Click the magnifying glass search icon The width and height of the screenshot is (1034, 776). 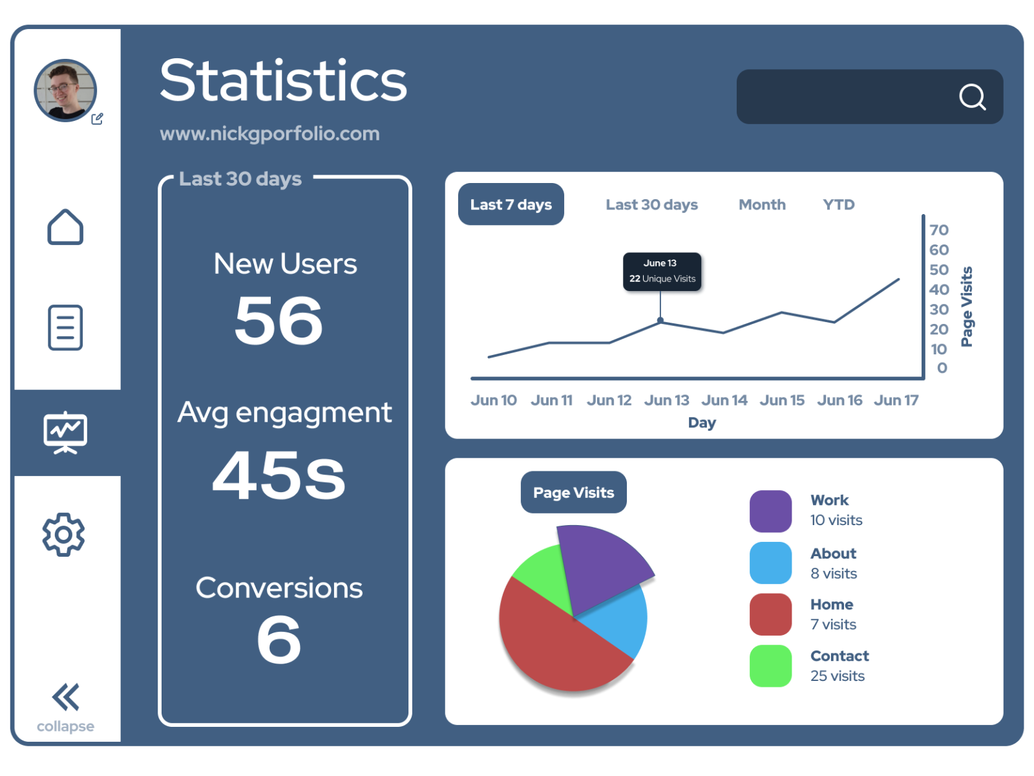tap(972, 97)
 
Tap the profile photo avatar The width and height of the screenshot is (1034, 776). tap(65, 91)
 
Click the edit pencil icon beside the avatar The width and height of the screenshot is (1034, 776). tap(98, 119)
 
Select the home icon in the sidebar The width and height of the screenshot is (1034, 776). tap(65, 227)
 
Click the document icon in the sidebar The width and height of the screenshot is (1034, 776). tap(65, 327)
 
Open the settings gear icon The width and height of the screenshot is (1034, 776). tap(63, 534)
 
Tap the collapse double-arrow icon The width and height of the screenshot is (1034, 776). tap(65, 696)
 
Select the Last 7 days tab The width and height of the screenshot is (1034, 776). tap(511, 204)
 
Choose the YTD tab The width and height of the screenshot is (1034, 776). tap(838, 204)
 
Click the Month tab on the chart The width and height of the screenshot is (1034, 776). tap(762, 204)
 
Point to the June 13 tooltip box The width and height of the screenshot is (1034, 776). tap(662, 272)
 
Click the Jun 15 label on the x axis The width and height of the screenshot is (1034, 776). tap(782, 400)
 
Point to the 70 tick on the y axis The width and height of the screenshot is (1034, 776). tap(938, 230)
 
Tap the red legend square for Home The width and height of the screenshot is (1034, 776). tap(770, 614)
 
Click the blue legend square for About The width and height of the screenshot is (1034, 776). tap(770, 563)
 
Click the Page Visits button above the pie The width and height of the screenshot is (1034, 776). tap(573, 493)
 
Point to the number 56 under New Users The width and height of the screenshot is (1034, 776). tap(279, 320)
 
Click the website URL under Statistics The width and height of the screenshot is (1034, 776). tap(269, 134)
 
